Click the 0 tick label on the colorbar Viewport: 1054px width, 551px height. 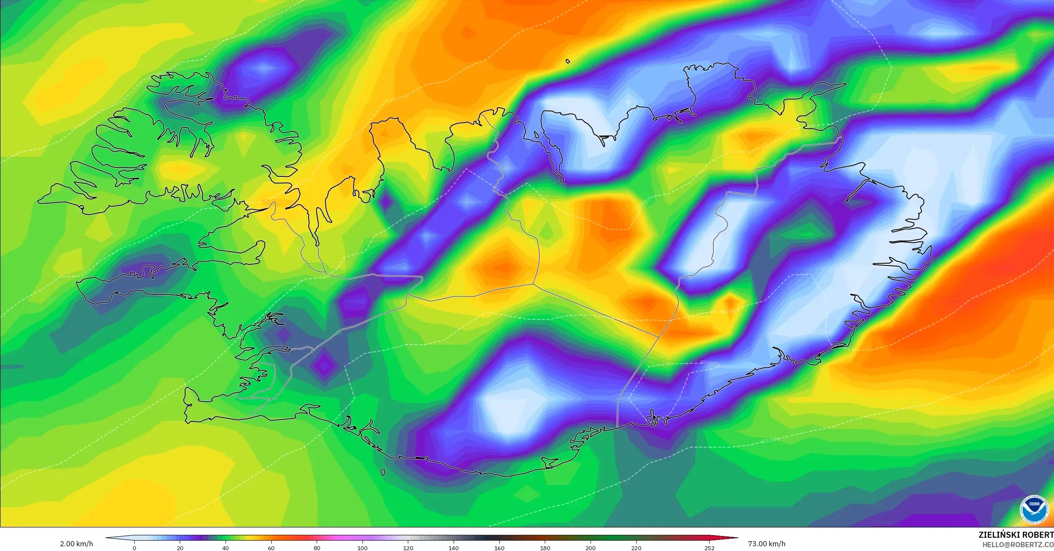click(x=134, y=548)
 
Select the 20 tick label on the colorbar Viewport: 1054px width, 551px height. click(x=180, y=548)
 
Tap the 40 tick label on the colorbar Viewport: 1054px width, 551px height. click(x=226, y=548)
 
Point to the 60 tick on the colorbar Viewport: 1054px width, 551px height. click(x=271, y=548)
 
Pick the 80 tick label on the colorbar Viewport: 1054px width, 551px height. click(x=317, y=548)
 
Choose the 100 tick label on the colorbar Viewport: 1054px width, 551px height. click(x=362, y=548)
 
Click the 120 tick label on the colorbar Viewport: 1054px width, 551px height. click(x=408, y=548)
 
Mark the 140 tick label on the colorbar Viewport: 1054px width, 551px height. click(x=454, y=548)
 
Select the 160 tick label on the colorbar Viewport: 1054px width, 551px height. click(x=499, y=548)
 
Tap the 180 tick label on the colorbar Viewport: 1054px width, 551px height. click(x=545, y=548)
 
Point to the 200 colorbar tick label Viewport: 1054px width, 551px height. click(x=591, y=548)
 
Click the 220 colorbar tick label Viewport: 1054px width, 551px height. click(x=636, y=548)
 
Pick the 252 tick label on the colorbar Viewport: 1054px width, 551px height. click(x=709, y=548)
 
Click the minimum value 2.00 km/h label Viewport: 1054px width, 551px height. click(x=76, y=544)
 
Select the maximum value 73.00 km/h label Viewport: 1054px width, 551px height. click(x=766, y=544)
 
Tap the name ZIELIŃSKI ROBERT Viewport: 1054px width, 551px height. click(x=1016, y=535)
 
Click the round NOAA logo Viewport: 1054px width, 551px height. click(x=1034, y=509)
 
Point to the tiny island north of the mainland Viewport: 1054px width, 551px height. click(x=568, y=61)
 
